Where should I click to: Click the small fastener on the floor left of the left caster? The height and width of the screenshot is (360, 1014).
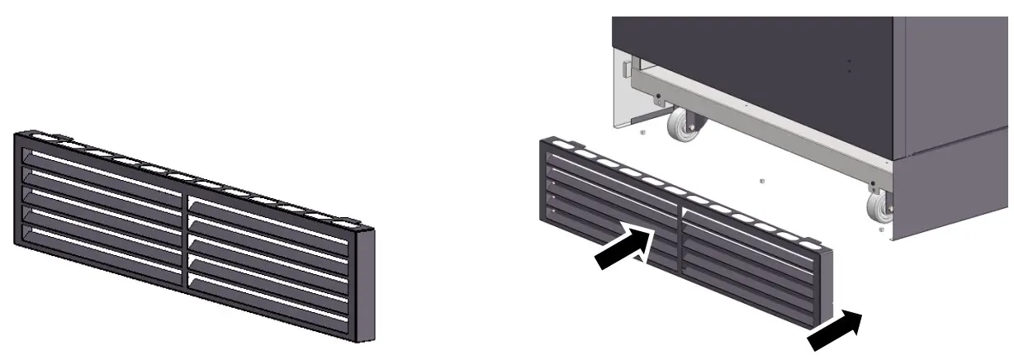pos(642,130)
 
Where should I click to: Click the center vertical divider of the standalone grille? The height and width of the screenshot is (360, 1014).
pos(187,239)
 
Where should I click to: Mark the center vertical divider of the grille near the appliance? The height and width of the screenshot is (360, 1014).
pos(681,239)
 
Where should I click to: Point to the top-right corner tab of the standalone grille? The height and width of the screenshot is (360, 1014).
pos(346,221)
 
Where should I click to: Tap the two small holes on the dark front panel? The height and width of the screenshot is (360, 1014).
pos(849,65)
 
